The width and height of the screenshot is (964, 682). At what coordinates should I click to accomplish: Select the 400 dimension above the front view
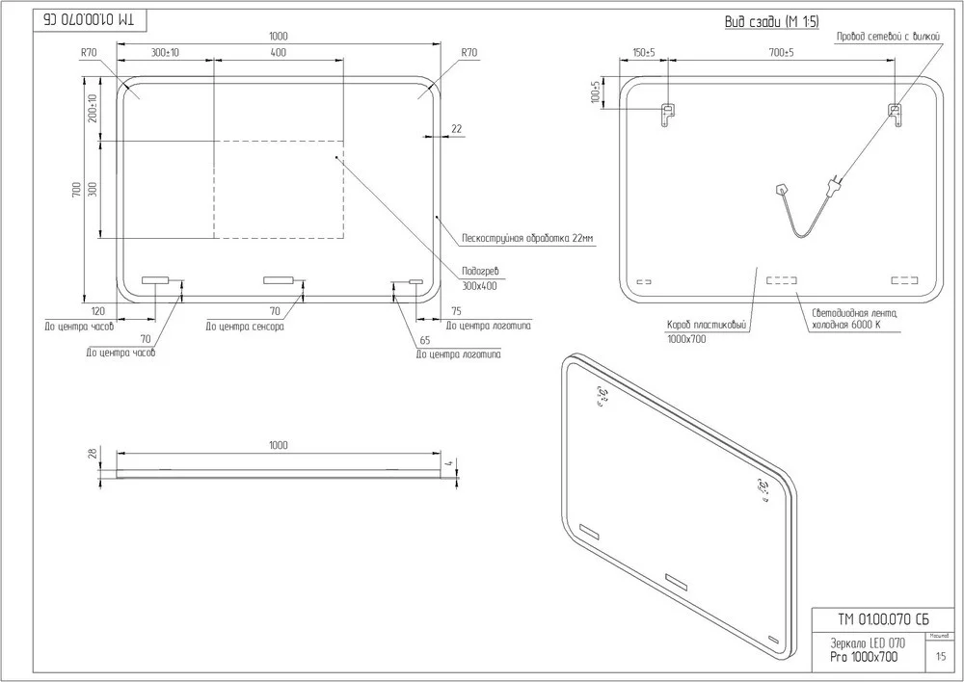coord(279,53)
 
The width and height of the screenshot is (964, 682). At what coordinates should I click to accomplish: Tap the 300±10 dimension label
coord(165,53)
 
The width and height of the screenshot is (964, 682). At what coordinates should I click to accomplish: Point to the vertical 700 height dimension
coord(77,190)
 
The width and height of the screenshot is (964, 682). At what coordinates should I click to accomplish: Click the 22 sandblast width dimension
coord(456,128)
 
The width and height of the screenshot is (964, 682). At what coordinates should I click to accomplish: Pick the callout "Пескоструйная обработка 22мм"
coord(527,238)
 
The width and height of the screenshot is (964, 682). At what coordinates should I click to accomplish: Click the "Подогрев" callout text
coord(481,272)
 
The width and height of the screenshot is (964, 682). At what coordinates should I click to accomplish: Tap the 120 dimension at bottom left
coord(97,311)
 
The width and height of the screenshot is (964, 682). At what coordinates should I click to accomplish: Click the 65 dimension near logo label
coord(424,340)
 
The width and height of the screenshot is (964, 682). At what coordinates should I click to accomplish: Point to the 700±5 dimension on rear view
coord(781,53)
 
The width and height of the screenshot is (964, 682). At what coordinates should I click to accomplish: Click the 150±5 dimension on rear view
coord(644,53)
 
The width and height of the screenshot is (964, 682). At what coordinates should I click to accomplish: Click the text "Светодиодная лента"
coord(854,312)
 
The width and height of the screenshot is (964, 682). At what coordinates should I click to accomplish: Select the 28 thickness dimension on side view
coord(94,454)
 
